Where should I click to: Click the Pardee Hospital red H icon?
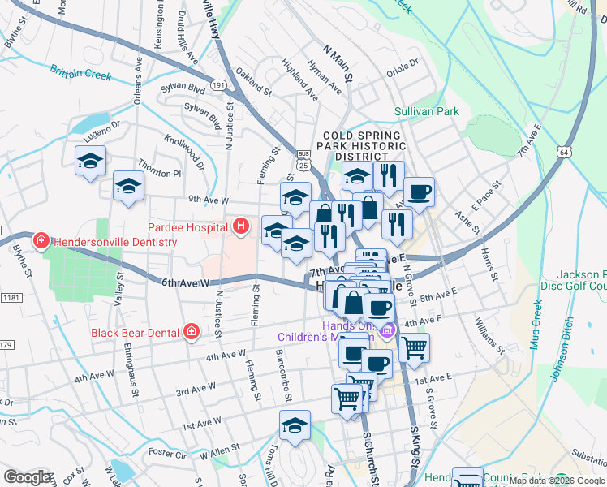point(241,227)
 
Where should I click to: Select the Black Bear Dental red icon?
point(191,331)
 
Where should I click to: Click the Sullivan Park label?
point(427,111)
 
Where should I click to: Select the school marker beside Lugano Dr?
point(90,161)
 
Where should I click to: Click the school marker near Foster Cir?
point(295,425)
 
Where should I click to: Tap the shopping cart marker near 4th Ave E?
point(414,347)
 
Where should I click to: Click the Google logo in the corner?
point(27,477)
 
